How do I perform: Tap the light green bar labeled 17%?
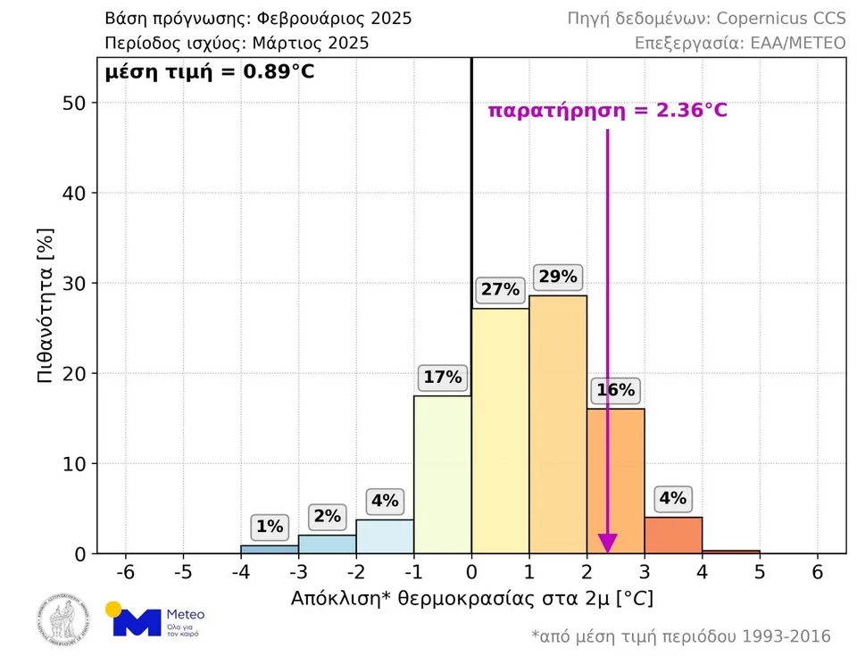point(443,474)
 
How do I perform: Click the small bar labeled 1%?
point(270,549)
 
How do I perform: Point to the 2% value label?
point(328,516)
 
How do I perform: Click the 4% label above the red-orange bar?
point(673,498)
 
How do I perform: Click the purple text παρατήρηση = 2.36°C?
point(607,111)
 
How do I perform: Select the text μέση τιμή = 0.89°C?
point(210,72)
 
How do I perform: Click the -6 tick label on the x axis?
point(126,572)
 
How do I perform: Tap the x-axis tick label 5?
point(760,572)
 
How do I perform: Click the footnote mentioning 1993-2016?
point(680,636)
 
